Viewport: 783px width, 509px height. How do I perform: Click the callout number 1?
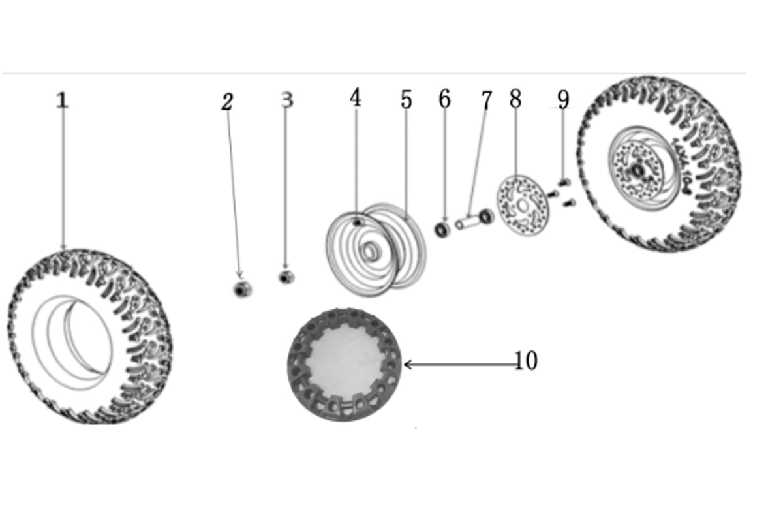coord(62,100)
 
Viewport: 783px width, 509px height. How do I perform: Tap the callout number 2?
coord(227,102)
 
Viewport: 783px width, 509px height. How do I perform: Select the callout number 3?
coord(287,99)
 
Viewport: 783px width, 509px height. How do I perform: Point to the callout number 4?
coord(356,97)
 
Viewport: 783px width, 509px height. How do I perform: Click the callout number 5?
coord(406,100)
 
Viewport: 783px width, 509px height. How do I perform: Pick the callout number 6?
coord(444,99)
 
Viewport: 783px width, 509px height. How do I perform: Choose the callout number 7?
coord(487,100)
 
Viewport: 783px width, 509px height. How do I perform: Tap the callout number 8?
coord(515,99)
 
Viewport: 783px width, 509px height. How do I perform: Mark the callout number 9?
coord(563,99)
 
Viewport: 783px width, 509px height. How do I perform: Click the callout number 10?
coord(526,360)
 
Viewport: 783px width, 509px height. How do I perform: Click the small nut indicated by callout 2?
coord(242,289)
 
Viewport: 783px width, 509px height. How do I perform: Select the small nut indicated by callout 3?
coord(286,277)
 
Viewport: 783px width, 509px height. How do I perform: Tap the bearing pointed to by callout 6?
coord(442,230)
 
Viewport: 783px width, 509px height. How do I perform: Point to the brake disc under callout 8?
coord(523,206)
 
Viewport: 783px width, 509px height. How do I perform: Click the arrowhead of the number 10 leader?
coord(405,365)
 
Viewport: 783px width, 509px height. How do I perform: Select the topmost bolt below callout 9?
coord(564,182)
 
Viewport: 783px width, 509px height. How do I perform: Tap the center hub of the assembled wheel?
coord(638,171)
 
